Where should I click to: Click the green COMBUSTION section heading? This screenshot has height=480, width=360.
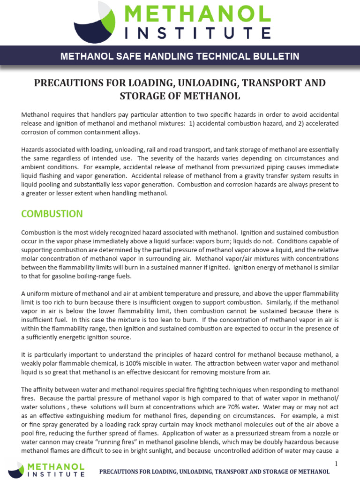(52, 214)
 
